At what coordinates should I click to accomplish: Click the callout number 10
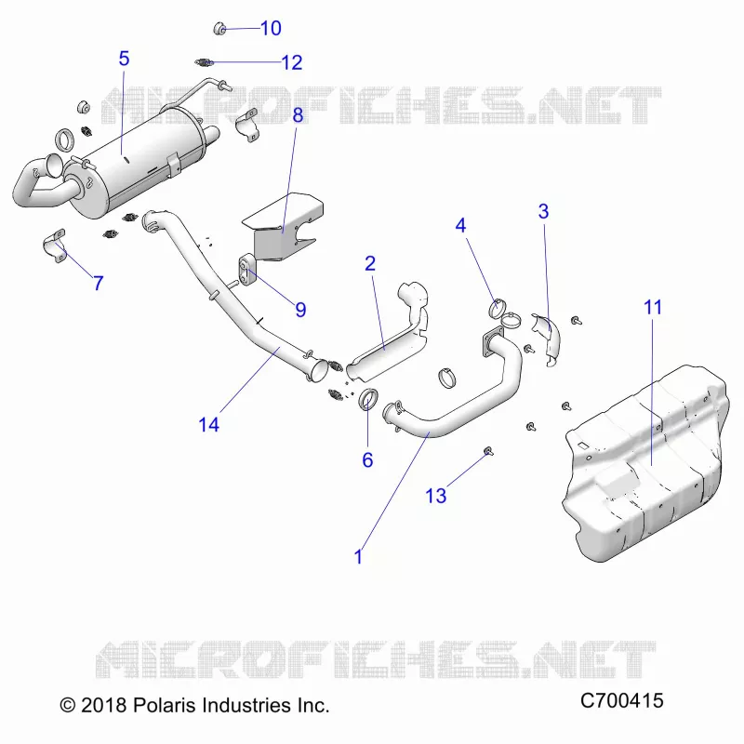tap(271, 29)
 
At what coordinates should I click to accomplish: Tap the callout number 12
tap(292, 62)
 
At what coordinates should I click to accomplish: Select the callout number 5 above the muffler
tap(124, 59)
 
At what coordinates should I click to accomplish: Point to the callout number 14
tap(208, 425)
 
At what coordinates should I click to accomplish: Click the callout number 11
tap(653, 308)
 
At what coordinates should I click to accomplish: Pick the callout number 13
tap(435, 496)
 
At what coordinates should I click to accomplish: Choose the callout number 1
tap(359, 556)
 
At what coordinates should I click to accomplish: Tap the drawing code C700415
tap(621, 701)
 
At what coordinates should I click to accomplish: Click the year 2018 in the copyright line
tap(103, 706)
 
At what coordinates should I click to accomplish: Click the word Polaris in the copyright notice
tap(165, 706)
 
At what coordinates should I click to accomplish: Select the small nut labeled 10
tap(219, 29)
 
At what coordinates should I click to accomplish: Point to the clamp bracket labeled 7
tap(54, 246)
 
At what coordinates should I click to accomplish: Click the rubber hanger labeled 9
tap(246, 272)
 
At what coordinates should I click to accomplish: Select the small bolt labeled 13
tap(487, 450)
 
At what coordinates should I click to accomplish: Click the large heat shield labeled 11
tap(645, 462)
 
